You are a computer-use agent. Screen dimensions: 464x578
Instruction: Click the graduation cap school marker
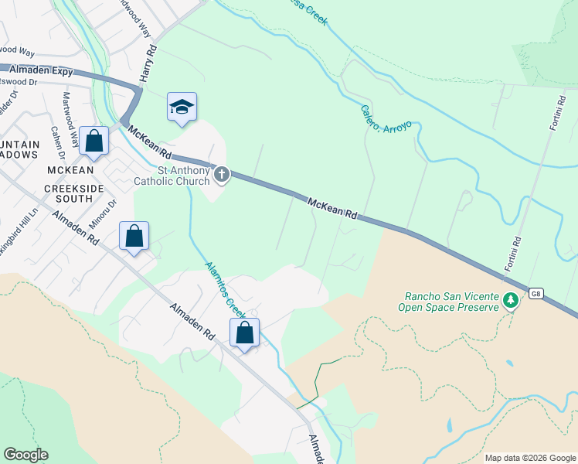tap(182, 107)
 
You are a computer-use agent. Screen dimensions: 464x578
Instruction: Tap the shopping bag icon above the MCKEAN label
tap(94, 142)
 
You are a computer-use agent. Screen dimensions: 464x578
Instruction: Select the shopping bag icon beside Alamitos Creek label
tap(245, 333)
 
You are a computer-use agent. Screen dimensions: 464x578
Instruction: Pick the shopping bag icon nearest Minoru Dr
tap(134, 237)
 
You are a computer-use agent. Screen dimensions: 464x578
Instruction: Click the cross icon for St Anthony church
tap(222, 174)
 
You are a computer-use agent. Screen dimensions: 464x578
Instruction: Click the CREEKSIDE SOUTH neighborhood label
tap(80, 193)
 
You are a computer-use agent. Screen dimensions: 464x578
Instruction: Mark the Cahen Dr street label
tap(56, 143)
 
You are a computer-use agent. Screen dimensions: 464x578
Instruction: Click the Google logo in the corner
tap(25, 455)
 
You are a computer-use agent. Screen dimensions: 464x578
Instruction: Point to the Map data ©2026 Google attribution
tap(529, 458)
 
